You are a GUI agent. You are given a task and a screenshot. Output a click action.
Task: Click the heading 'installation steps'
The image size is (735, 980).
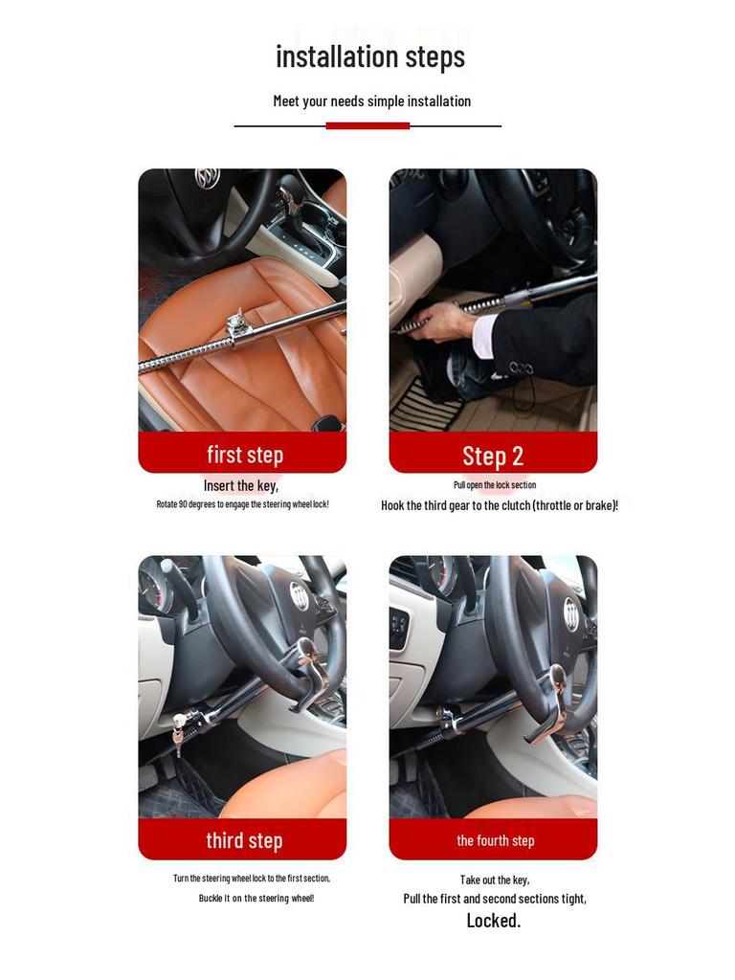pos(369,56)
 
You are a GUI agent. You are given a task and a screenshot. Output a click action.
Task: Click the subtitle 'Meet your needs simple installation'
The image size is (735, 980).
pos(371,101)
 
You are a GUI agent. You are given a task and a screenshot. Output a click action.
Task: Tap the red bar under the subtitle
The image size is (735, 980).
pos(367,125)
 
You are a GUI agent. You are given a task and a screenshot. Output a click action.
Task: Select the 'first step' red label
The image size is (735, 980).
pos(243,454)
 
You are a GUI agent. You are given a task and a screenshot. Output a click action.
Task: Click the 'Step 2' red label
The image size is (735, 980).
pos(493,455)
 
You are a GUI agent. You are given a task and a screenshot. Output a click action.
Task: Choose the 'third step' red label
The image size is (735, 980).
pos(243,840)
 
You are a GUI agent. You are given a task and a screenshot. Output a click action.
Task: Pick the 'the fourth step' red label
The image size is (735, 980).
pos(494,840)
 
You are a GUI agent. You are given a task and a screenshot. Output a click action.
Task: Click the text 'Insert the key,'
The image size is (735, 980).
pos(241,486)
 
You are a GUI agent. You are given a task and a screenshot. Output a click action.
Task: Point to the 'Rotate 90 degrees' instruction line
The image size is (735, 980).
pos(242,504)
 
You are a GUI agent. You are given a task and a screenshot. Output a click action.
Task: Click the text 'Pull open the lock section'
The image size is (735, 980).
pos(494,485)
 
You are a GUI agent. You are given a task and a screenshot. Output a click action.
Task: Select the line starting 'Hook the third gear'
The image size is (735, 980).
pos(499,505)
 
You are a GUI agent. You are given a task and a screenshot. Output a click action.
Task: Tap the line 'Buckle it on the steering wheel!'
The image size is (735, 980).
pos(256,898)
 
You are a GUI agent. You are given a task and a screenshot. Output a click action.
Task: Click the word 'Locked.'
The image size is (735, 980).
pos(493,921)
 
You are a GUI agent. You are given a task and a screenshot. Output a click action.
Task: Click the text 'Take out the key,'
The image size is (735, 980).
pos(494,880)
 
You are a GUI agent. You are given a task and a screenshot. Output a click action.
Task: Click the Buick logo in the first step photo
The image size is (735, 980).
pos(207,178)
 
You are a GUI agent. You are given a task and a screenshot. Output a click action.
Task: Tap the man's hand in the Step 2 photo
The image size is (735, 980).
pos(445,322)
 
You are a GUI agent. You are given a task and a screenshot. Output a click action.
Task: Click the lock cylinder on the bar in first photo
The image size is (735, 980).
pos(238,324)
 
